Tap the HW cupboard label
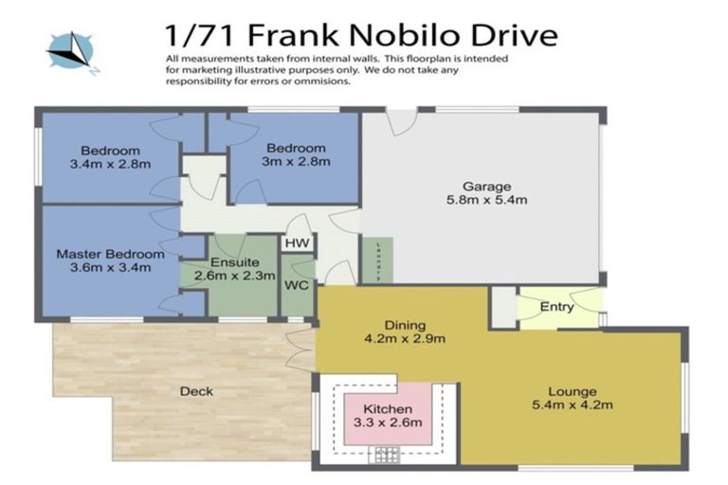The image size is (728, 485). point(295,243)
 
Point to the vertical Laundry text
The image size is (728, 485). point(377,260)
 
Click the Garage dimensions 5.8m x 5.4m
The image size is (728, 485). point(486,200)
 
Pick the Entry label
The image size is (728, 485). point(556,307)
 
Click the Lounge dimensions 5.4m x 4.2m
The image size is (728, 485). point(572,405)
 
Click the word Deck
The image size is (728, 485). point(197,391)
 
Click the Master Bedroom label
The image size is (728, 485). point(110,254)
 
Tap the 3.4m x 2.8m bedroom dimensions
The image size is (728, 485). point(110,164)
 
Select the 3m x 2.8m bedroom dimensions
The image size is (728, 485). point(296,161)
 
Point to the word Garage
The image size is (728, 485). point(486,186)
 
